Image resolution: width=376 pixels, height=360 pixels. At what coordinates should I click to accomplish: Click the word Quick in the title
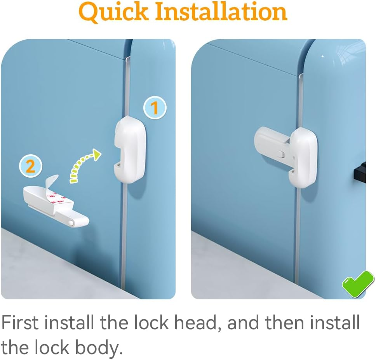point(113,12)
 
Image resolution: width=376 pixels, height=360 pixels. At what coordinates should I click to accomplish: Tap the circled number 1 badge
point(155,108)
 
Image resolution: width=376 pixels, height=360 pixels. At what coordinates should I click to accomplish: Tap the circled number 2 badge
point(30,166)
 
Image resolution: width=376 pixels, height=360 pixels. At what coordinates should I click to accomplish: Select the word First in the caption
point(20,323)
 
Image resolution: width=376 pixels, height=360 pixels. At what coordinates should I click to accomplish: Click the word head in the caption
point(196,323)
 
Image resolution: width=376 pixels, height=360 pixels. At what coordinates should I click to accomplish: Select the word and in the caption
point(243,323)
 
